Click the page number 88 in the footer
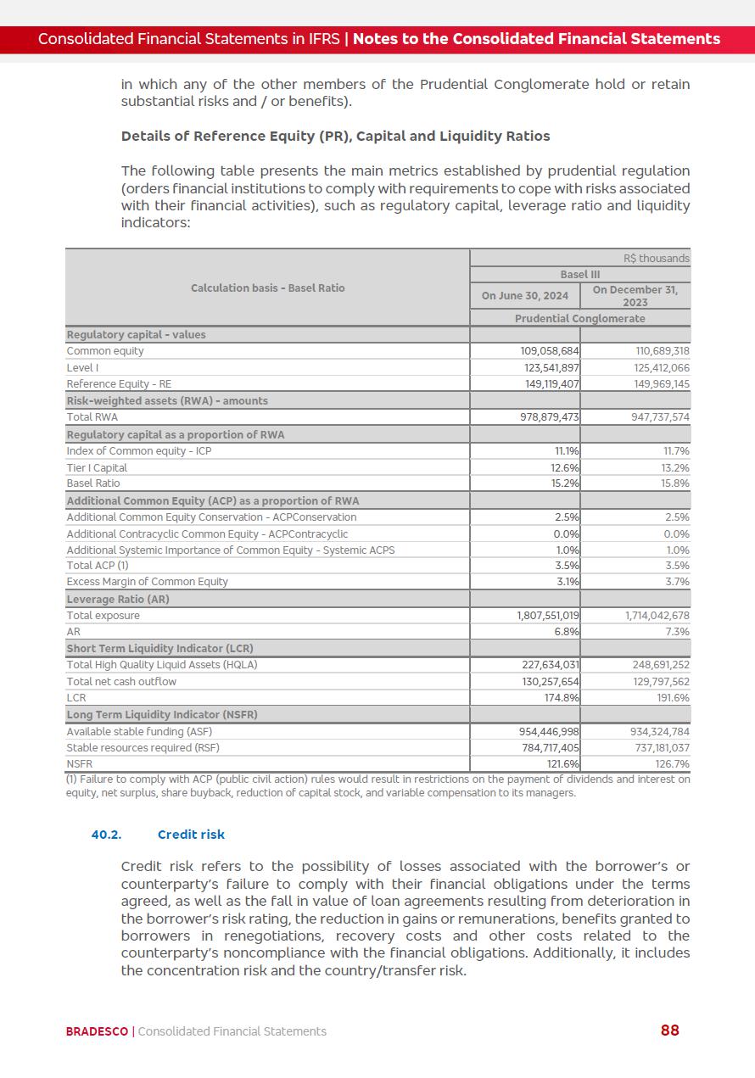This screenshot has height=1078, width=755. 669,1031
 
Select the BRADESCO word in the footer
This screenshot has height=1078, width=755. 98,1031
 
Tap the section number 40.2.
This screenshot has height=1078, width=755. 106,835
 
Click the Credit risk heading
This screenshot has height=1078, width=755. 191,835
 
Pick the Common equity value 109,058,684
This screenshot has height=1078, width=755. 549,351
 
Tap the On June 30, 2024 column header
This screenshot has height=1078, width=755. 525,296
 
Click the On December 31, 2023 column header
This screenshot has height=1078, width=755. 635,296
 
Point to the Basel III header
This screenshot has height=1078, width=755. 580,275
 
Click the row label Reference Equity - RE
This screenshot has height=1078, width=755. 119,384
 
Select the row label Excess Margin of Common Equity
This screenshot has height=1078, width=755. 148,582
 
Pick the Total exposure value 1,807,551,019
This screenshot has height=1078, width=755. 548,616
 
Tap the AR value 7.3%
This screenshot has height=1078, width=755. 676,632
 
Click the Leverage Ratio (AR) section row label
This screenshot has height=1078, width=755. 118,599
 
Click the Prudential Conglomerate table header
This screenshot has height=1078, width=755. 580,318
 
